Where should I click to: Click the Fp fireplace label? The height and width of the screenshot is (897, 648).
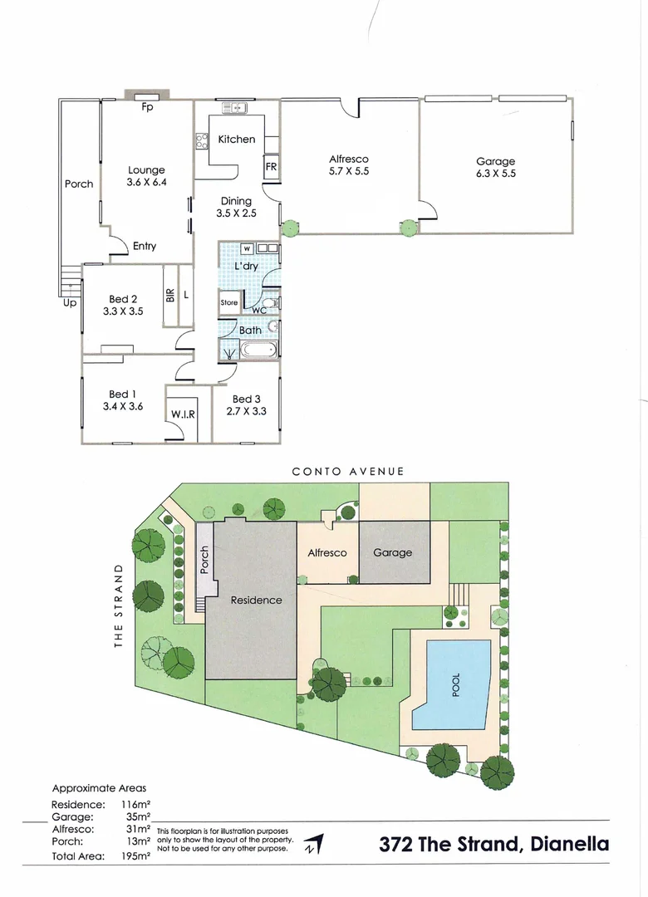(147, 106)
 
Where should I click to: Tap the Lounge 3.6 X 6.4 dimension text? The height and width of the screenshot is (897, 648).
(146, 182)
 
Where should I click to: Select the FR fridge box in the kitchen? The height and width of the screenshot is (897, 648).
(271, 166)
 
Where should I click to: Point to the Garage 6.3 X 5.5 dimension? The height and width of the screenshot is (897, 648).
(495, 174)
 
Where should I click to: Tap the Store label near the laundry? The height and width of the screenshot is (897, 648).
(229, 303)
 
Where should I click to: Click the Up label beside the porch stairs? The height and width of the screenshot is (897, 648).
(70, 303)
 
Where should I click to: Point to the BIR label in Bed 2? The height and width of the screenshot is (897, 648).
(169, 294)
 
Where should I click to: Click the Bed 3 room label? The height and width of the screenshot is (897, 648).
(242, 399)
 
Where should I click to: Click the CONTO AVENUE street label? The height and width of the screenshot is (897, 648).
(348, 471)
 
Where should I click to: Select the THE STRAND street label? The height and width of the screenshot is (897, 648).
(118, 605)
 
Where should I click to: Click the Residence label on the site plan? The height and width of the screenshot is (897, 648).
(256, 600)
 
